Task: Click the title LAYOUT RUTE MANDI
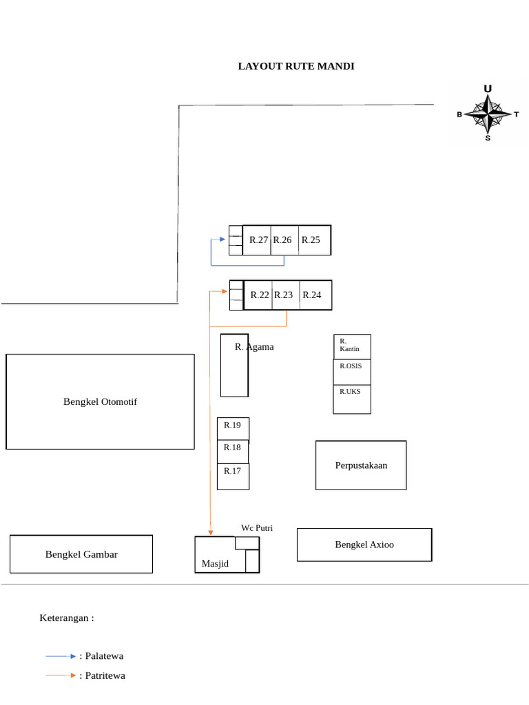(x=296, y=66)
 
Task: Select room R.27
(x=258, y=240)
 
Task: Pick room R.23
(x=284, y=295)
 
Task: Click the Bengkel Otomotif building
(x=100, y=401)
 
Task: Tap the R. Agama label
(x=254, y=347)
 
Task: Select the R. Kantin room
(x=351, y=346)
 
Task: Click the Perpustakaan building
(x=361, y=465)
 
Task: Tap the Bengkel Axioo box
(x=364, y=545)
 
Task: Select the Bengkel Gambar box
(x=81, y=554)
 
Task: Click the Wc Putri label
(x=257, y=528)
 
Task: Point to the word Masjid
(x=215, y=564)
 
